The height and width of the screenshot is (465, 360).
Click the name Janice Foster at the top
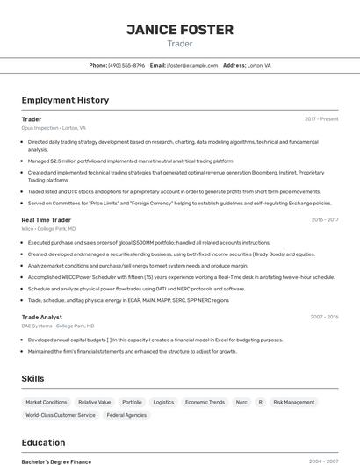[x=179, y=30]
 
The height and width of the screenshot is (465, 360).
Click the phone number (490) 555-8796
[x=126, y=65]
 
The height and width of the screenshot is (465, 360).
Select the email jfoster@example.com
[x=191, y=65]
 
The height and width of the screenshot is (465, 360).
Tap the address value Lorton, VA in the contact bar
[x=259, y=65]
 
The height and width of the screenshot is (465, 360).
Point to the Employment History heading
[x=65, y=100]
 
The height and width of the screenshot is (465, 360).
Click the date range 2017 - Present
[x=321, y=119]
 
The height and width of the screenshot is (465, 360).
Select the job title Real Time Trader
[x=47, y=220]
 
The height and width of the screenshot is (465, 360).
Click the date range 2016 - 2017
[x=325, y=220]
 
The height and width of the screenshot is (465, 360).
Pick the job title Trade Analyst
[x=42, y=317]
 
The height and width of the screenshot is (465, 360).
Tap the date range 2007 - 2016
[x=325, y=317]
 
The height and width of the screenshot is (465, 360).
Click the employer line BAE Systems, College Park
[x=54, y=325]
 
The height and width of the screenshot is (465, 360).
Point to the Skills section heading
[x=33, y=378]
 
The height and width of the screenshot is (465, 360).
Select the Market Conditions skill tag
[x=47, y=402]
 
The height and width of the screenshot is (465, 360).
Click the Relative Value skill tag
[x=95, y=402]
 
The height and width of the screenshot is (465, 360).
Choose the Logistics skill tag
[x=163, y=402]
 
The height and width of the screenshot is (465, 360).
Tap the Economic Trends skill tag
[x=205, y=402]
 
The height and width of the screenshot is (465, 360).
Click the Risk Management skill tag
[x=293, y=402]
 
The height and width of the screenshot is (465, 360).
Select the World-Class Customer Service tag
[x=61, y=415]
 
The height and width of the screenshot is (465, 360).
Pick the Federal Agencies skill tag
[x=126, y=415]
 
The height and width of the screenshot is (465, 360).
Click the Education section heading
[x=43, y=443]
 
